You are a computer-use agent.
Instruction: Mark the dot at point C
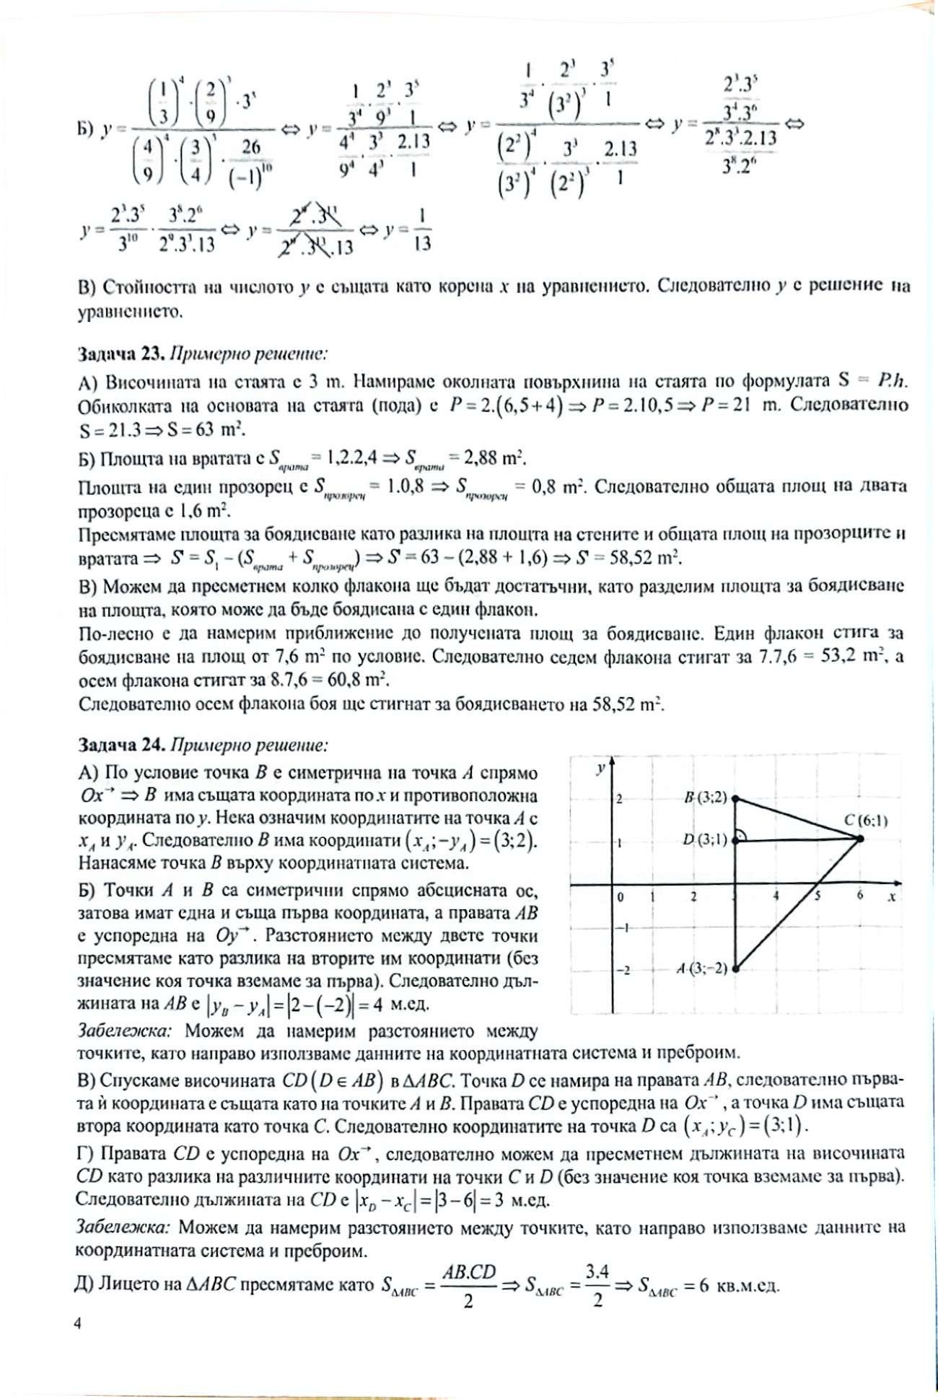coord(859,839)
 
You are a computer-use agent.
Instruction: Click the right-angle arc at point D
coord(743,836)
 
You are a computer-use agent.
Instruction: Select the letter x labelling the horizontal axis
coord(893,896)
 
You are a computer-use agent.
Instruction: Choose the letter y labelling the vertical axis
coord(600,769)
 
